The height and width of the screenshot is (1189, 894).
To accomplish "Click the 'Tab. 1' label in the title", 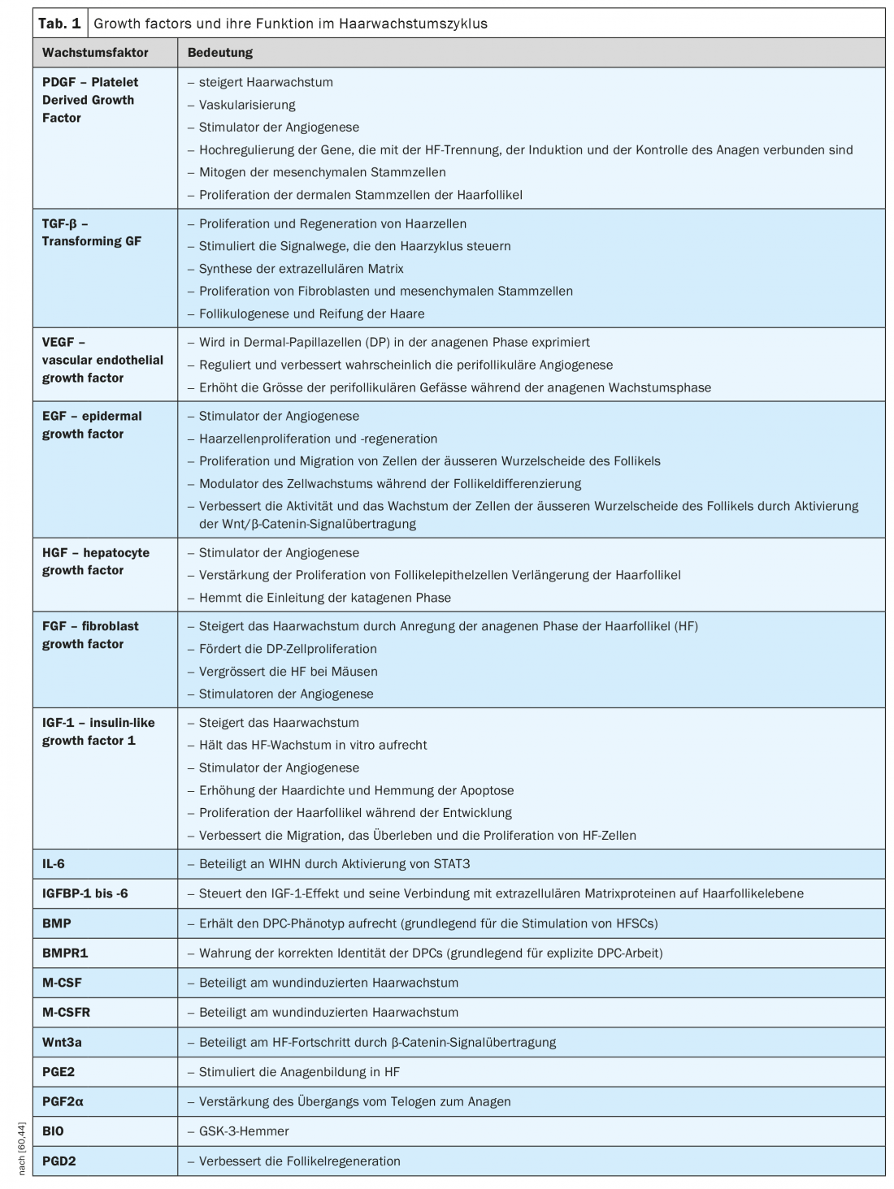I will [59, 24].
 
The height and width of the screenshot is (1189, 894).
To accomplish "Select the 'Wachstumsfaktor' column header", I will [95, 53].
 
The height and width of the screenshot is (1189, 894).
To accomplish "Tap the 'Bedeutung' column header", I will [220, 53].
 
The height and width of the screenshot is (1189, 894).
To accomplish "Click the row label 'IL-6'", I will [54, 864].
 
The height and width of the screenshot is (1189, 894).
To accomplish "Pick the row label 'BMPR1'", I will [65, 953].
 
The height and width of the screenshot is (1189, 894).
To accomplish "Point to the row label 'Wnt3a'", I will [62, 1042].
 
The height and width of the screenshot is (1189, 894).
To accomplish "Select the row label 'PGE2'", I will [59, 1072].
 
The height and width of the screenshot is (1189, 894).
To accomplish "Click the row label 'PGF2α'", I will [63, 1102].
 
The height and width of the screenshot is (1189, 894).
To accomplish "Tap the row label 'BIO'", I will [53, 1131].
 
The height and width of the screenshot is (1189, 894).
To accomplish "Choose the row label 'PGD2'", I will [59, 1161].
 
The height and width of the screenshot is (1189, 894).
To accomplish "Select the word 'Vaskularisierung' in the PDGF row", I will [247, 105].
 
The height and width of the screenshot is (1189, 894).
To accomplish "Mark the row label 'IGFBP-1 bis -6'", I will [85, 893].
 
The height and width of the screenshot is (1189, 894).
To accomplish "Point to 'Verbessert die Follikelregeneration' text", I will [299, 1161].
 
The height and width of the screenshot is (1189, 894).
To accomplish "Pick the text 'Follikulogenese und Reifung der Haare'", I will [311, 313].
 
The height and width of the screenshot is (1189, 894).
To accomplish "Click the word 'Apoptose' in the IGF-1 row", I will [487, 790].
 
